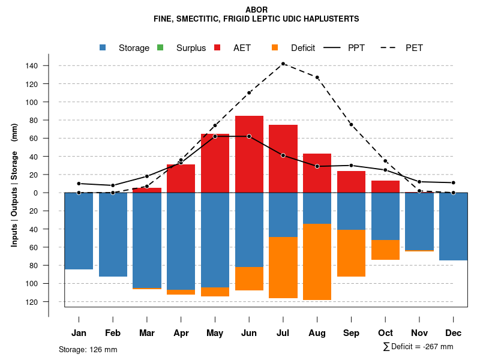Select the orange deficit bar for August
point(317,262)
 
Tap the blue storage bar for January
point(79,231)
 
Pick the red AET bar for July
point(283,158)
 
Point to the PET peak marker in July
point(283,64)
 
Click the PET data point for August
point(317,77)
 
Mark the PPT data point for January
point(79,184)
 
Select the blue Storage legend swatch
point(103,48)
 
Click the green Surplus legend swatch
point(160,48)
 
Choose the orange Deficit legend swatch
point(275,48)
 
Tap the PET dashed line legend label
point(414,48)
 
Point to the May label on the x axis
point(215,333)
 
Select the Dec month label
point(454,333)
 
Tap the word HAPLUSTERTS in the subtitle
point(332,19)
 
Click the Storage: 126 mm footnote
point(88,349)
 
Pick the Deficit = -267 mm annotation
point(418,347)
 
